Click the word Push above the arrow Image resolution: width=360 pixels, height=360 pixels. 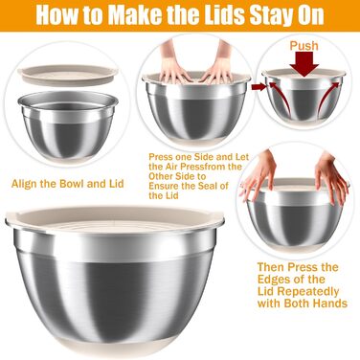click(304, 46)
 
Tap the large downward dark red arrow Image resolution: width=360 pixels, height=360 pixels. click(304, 64)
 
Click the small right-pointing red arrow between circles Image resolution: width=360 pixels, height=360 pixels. click(259, 87)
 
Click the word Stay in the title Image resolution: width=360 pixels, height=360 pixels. click(271, 15)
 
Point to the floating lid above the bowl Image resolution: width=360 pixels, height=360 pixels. click(68, 75)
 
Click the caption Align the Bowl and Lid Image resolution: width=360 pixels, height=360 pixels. click(67, 184)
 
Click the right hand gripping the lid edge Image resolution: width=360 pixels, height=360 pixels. click(330, 178)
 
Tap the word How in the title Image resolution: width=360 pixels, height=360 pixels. click(55, 14)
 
